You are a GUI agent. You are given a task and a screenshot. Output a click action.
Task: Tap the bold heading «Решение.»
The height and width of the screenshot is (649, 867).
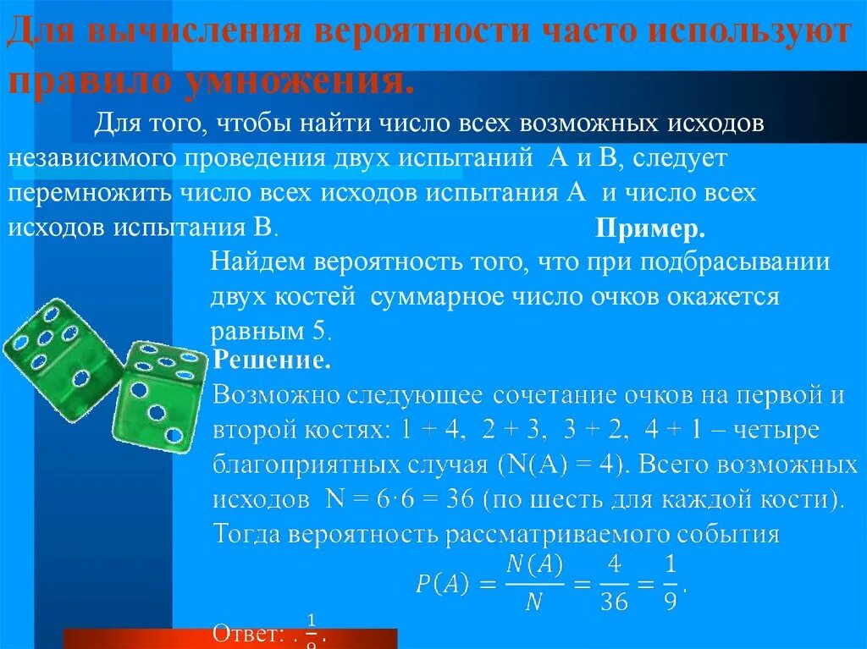[x=271, y=360]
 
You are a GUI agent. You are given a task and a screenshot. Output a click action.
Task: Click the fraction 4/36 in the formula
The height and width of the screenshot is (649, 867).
[x=615, y=583]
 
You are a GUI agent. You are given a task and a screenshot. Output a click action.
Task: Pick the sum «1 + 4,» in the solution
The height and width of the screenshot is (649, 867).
[x=431, y=431]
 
